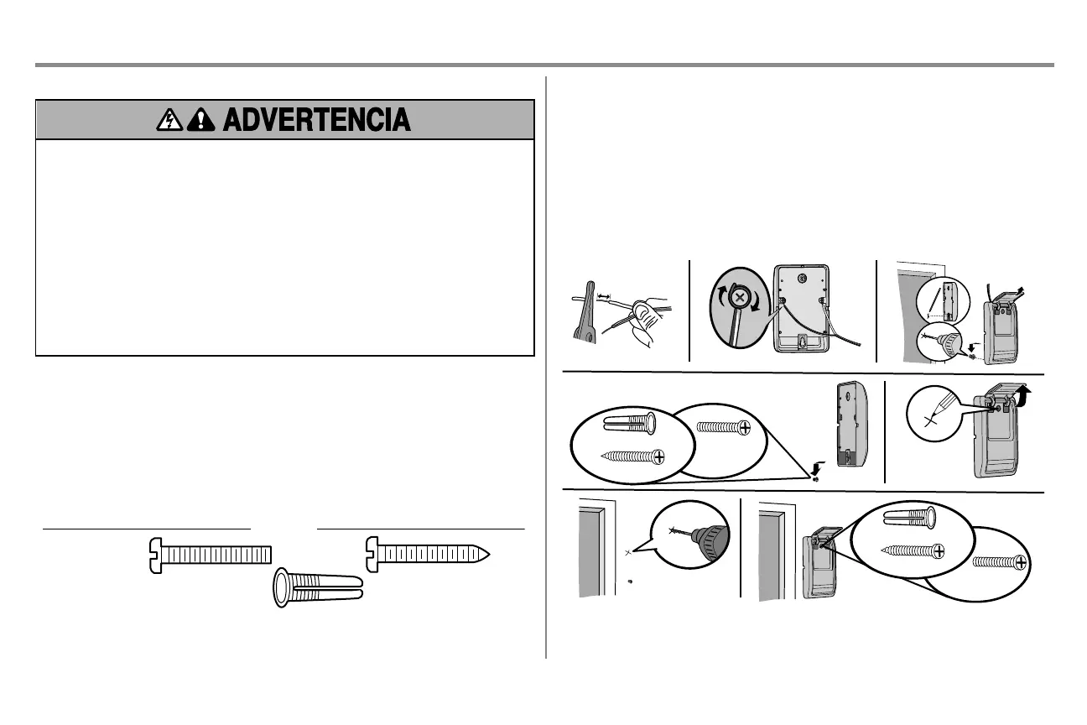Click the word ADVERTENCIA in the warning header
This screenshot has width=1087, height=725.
point(317,120)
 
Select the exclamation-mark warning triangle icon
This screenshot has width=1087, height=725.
point(199,121)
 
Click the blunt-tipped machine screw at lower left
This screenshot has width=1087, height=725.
point(211,555)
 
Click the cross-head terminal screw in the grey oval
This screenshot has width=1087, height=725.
point(739,298)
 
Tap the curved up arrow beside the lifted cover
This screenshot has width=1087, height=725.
point(1025,393)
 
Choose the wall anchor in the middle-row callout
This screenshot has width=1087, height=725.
point(635,422)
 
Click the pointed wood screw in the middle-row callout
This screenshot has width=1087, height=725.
point(634,456)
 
